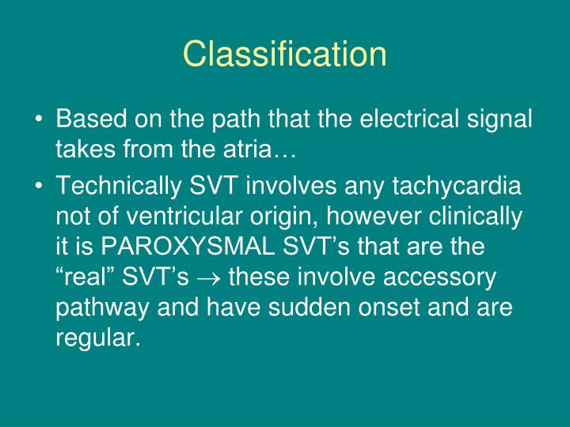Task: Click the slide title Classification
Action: tap(285, 54)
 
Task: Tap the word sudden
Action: tap(304, 304)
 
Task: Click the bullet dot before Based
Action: tap(40, 120)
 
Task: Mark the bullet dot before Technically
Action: tap(40, 187)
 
